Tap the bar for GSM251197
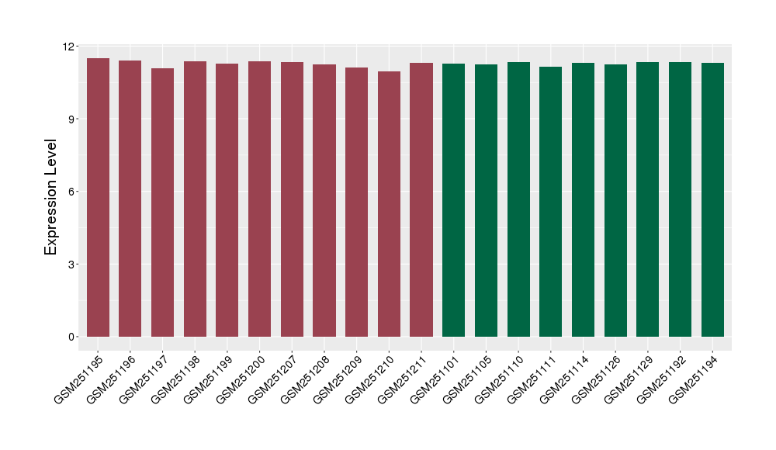162,202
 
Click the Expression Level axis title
51,197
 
